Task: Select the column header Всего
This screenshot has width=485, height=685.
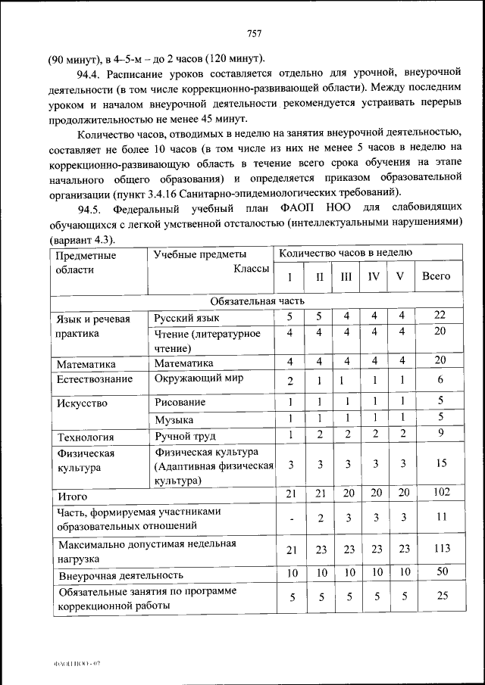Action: pos(436,276)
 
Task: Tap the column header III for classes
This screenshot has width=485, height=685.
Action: pos(346,276)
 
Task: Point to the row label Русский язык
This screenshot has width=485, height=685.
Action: pos(187,318)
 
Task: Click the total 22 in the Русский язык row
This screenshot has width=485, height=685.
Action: pos(440,315)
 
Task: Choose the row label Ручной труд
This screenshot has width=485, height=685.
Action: pos(185,436)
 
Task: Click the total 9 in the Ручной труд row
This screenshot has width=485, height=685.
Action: pos(440,434)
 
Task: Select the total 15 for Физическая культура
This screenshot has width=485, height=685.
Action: pos(440,464)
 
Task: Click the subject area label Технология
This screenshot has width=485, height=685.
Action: pos(85,436)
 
